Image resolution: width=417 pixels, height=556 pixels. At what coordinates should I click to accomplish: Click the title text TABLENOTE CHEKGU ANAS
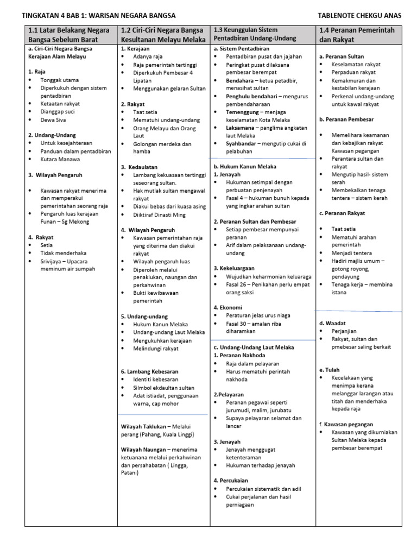359,16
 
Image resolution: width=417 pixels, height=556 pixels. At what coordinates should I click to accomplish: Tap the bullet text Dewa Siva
53,119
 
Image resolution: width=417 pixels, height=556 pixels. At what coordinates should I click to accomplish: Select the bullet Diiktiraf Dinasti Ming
159,215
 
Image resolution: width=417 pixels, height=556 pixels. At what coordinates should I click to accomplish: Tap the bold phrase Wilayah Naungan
144,450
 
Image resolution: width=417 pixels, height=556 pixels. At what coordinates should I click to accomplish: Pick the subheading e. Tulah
329,370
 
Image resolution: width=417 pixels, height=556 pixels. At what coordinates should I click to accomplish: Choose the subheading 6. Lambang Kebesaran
149,371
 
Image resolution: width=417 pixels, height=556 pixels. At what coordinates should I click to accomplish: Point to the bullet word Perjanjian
345,331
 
